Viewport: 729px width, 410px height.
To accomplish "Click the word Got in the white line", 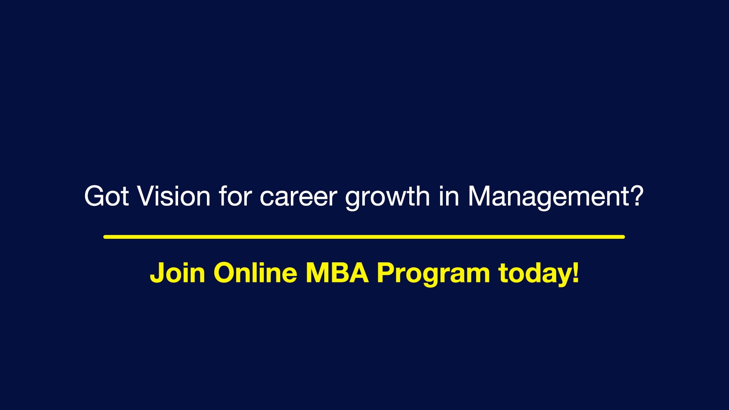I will (106, 196).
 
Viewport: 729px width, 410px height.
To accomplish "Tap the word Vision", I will (174, 196).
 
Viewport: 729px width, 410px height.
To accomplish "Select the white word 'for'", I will (235, 196).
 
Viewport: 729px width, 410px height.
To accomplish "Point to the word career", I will (298, 197).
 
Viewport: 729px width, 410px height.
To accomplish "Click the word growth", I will (387, 197).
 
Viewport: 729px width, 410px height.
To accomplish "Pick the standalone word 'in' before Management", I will (448, 196).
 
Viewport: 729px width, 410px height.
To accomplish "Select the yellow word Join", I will (177, 273).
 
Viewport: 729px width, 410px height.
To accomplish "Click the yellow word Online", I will (255, 272).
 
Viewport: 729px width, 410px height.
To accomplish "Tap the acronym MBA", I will (337, 272).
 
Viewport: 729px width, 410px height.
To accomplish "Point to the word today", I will (533, 273).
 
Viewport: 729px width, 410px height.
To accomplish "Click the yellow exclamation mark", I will (576, 272).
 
